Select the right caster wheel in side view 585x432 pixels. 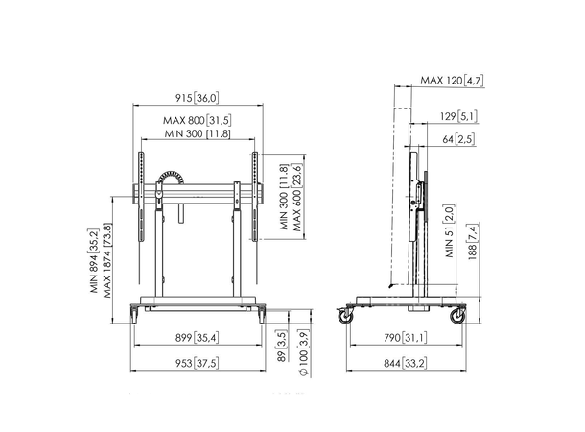pyautogui.click(x=457, y=315)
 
